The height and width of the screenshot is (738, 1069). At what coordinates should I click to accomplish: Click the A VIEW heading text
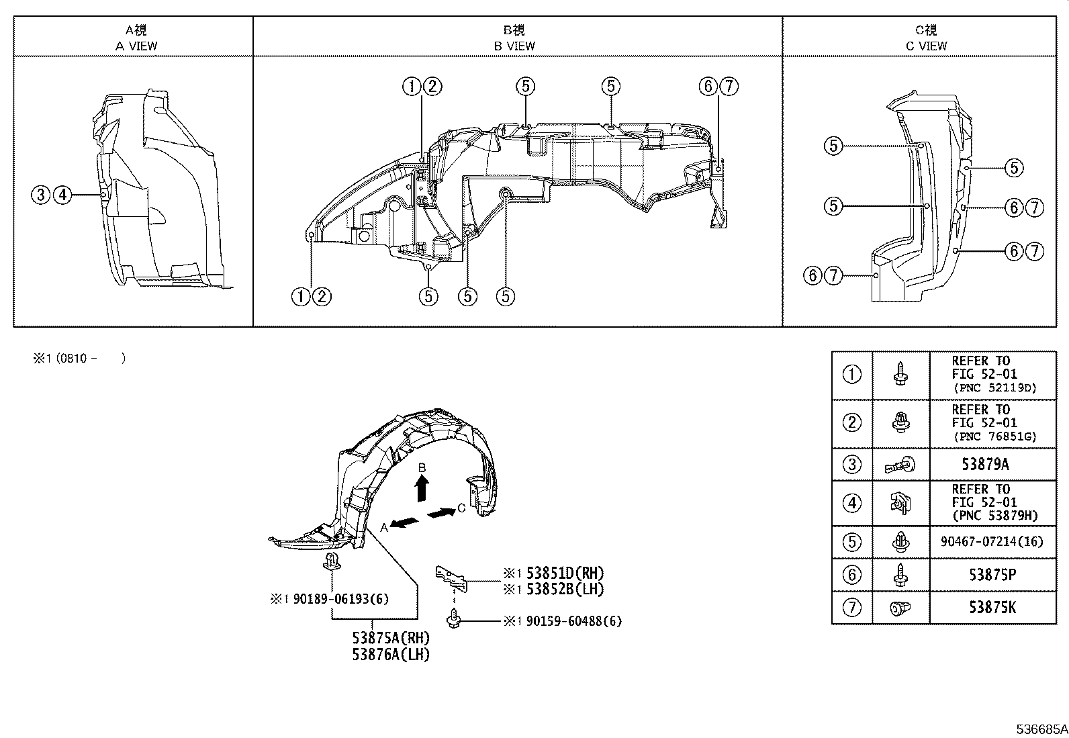point(136,46)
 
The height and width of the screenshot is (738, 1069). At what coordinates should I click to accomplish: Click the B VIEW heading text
point(514,46)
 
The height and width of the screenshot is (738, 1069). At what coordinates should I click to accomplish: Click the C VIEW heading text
point(926,46)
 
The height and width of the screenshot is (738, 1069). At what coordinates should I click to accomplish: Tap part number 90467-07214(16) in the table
point(992,541)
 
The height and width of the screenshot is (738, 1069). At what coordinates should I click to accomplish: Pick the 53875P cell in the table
point(992,575)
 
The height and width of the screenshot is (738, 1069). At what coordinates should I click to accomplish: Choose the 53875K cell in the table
point(992,608)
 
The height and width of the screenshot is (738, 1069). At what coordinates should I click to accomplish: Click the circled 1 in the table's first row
point(851,375)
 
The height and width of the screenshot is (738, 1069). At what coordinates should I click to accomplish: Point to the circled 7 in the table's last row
point(851,608)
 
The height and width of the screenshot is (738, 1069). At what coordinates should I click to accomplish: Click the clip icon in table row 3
point(901,464)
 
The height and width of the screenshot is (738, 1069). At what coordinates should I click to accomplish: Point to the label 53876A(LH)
point(391,654)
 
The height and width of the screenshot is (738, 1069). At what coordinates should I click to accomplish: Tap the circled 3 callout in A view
point(41,195)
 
